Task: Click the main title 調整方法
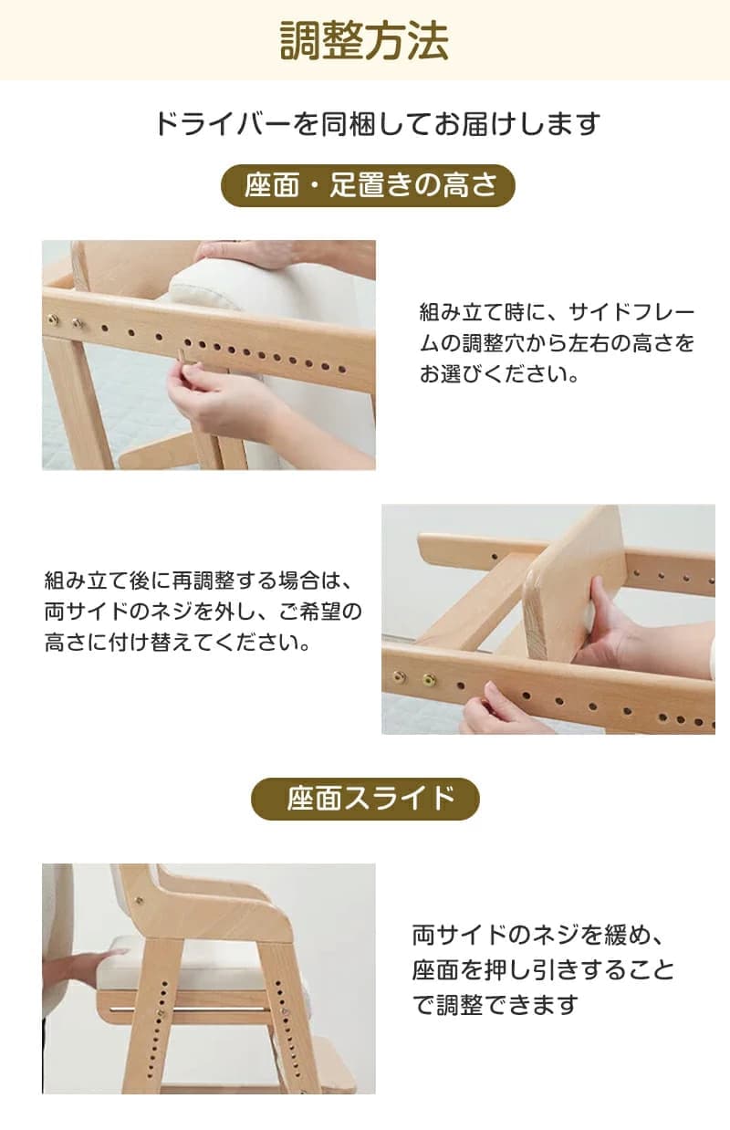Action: pyautogui.click(x=364, y=41)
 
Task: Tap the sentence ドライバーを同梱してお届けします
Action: pyautogui.click(x=377, y=124)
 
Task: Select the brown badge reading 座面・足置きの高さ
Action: pyautogui.click(x=369, y=185)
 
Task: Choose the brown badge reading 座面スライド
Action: pyautogui.click(x=365, y=799)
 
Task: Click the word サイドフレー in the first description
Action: pyautogui.click(x=631, y=313)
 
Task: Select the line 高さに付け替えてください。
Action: pyautogui.click(x=178, y=643)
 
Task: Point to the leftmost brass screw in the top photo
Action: pyautogui.click(x=52, y=319)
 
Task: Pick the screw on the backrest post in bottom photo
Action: pyautogui.click(x=139, y=899)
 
